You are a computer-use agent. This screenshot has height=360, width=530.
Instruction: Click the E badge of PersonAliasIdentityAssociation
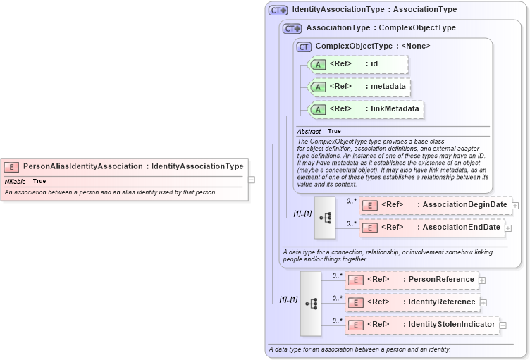click(11, 167)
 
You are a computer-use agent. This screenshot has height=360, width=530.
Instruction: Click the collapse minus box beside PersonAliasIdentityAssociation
click(251, 180)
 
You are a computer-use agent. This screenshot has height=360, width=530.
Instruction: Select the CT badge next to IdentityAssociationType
click(278, 10)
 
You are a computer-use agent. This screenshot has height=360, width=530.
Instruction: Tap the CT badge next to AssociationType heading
click(292, 28)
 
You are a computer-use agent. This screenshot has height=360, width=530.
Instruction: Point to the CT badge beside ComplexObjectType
click(304, 46)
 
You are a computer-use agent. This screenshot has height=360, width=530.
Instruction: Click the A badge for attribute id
click(319, 65)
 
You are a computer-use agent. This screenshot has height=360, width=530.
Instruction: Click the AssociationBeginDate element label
click(462, 205)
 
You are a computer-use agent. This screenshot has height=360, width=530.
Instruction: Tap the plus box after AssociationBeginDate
click(515, 206)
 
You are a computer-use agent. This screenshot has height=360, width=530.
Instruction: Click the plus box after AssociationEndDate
click(508, 228)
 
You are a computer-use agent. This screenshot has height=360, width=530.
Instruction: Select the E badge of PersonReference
click(357, 280)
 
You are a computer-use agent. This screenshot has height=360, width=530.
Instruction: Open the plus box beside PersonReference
click(482, 280)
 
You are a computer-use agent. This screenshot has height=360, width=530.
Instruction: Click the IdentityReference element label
click(441, 302)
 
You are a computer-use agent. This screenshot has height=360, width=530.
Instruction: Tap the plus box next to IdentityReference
click(483, 303)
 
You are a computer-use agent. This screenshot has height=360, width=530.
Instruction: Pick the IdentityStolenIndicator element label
click(451, 324)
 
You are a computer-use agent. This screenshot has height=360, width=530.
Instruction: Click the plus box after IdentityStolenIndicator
click(503, 325)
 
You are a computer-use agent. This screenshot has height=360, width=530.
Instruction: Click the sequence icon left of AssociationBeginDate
click(325, 217)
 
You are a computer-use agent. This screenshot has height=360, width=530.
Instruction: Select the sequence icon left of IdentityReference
click(311, 303)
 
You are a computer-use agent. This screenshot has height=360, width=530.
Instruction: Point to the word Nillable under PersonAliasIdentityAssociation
click(16, 182)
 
